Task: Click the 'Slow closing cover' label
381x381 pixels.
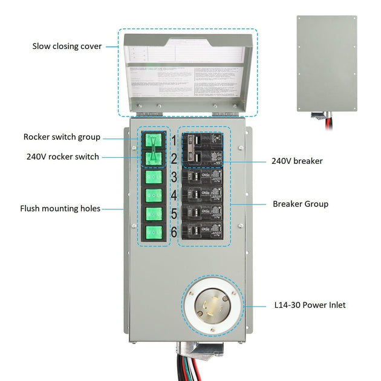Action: click(x=67, y=47)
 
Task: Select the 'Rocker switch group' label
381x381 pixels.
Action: click(x=62, y=137)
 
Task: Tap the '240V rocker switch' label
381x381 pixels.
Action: click(x=62, y=157)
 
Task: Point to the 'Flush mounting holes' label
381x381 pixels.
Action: click(x=60, y=209)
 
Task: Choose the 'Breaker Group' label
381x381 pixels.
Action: click(x=301, y=204)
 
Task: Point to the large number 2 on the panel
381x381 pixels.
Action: click(x=173, y=159)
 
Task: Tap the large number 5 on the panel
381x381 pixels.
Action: click(x=173, y=214)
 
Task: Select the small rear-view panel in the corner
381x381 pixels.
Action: click(x=327, y=63)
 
